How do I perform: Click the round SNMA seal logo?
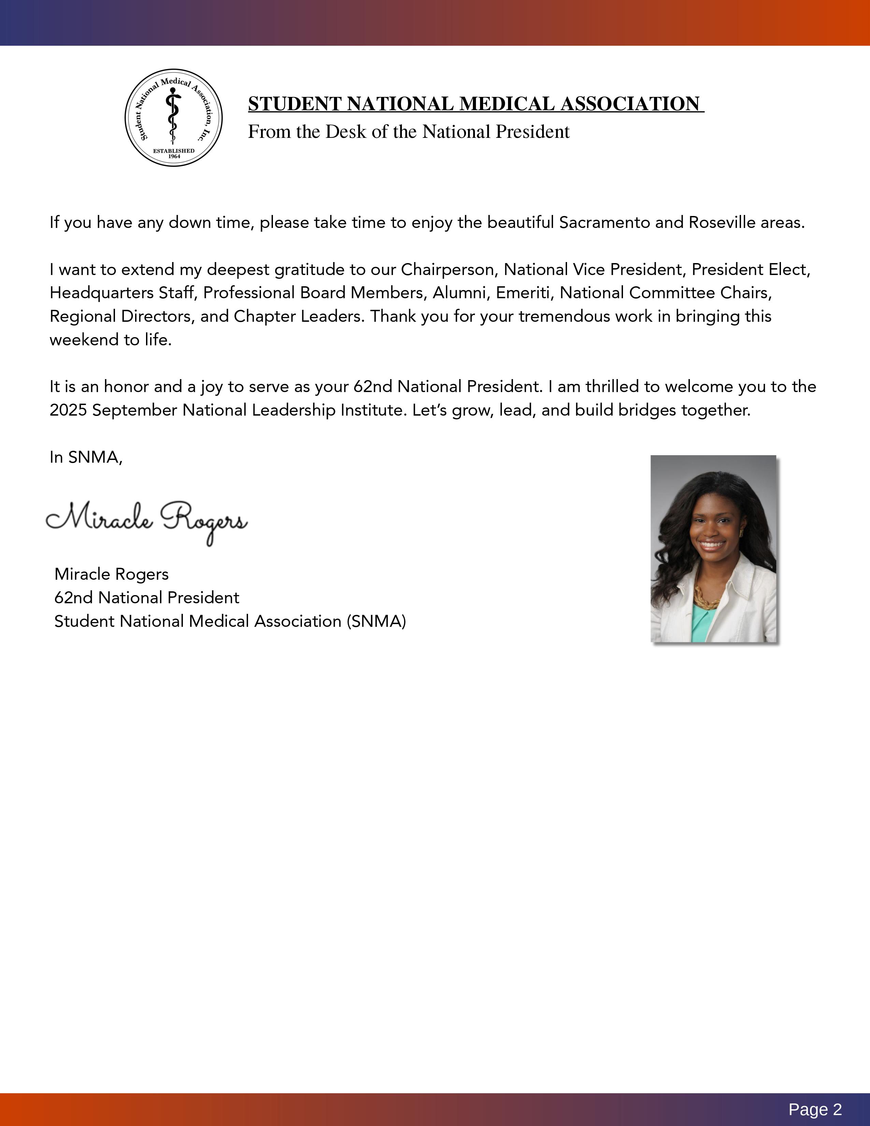(174, 118)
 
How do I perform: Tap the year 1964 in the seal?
(174, 156)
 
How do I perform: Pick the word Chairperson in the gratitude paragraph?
(447, 270)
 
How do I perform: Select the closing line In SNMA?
(86, 457)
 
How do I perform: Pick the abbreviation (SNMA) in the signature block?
(376, 621)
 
